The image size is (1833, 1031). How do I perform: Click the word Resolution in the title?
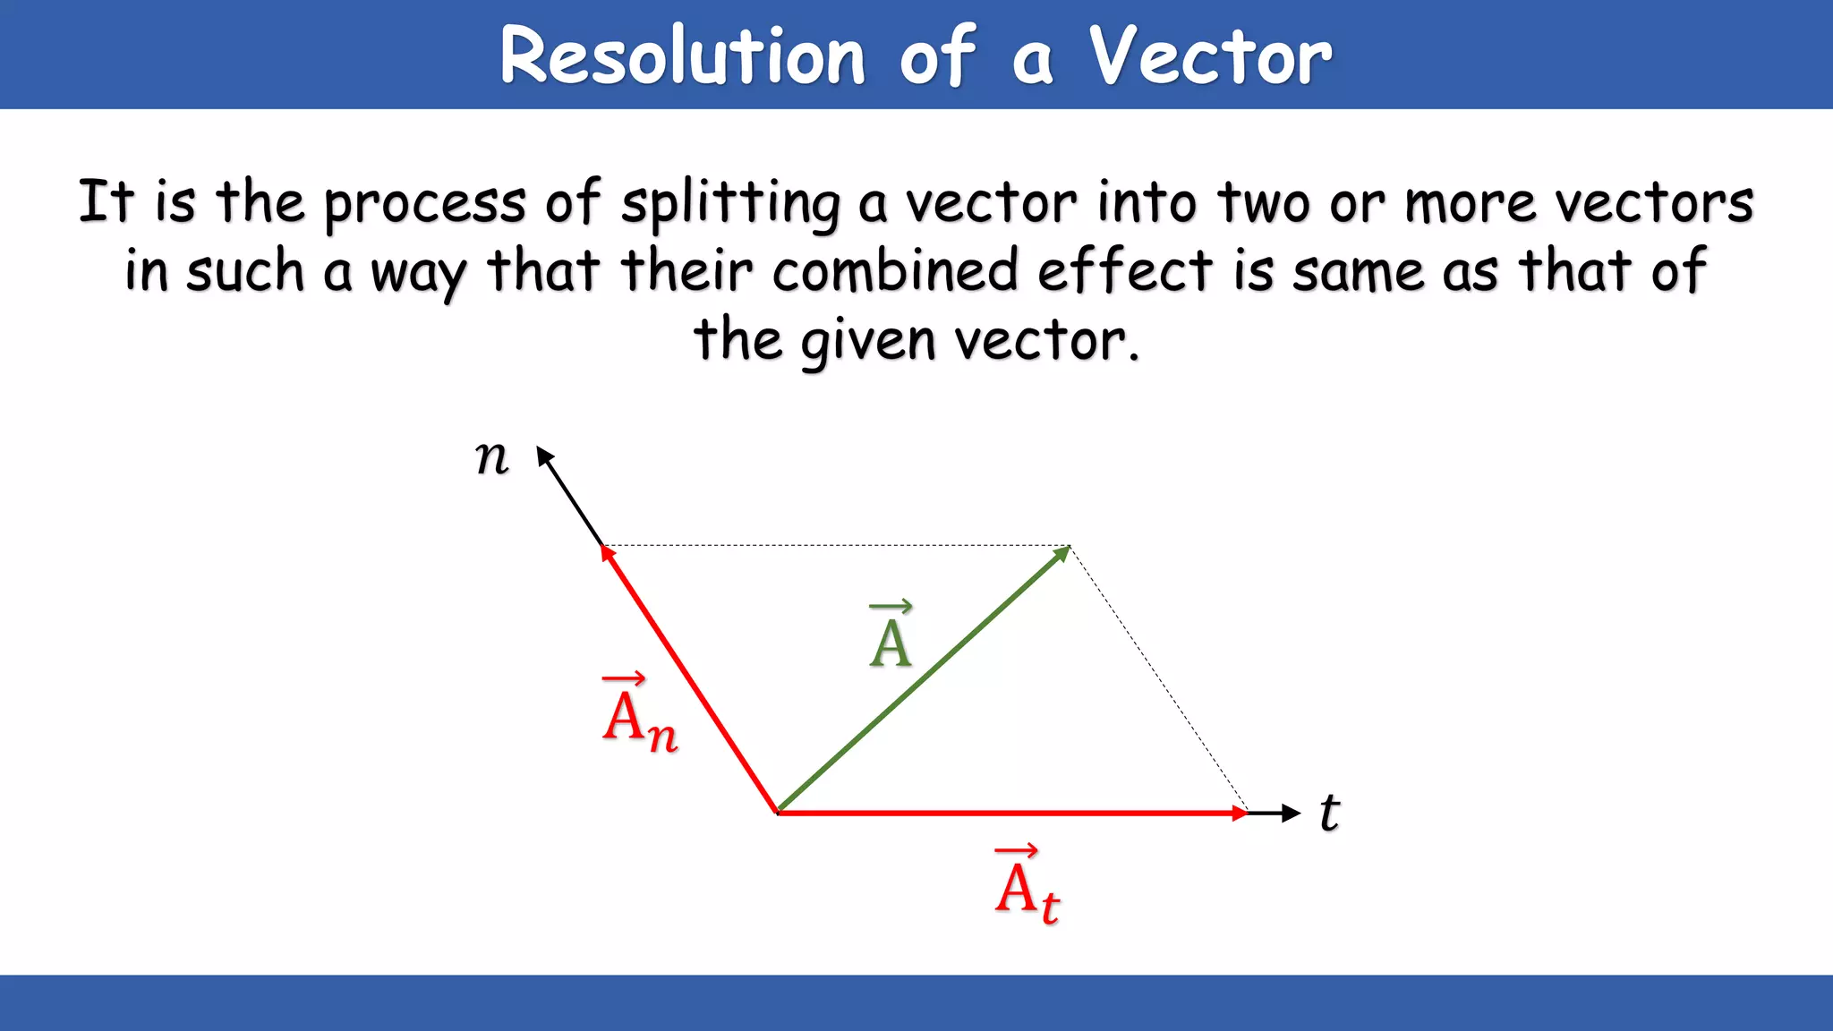tap(682, 55)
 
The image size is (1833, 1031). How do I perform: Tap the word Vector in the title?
tap(1210, 55)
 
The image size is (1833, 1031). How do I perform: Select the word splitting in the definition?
tap(730, 204)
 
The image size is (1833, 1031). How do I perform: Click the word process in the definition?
tap(424, 204)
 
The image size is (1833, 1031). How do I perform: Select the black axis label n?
tap(491, 458)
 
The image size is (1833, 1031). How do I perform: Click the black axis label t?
tap(1330, 813)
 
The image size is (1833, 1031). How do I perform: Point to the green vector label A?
tap(891, 636)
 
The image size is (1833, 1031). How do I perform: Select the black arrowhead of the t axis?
tap(1292, 813)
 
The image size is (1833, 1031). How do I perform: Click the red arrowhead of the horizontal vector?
tap(1240, 813)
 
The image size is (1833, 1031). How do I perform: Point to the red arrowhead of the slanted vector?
tap(608, 553)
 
